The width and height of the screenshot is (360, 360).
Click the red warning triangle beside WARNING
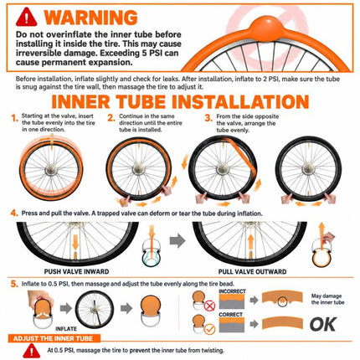pyautogui.click(x=26, y=18)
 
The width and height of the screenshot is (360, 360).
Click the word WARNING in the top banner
pyautogui.click(x=91, y=18)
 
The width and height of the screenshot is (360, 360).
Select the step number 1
pyautogui.click(x=14, y=118)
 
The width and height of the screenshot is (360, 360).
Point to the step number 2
pyautogui.click(x=111, y=118)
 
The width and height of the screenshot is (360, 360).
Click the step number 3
pyautogui.click(x=208, y=118)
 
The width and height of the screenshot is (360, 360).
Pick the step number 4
pyautogui.click(x=14, y=213)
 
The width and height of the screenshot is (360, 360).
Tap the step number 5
pyautogui.click(x=14, y=284)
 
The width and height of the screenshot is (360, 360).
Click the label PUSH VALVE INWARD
pyautogui.click(x=76, y=271)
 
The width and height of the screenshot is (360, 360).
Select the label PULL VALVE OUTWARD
pyautogui.click(x=252, y=271)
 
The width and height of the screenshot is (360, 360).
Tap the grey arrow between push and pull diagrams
pyautogui.click(x=177, y=240)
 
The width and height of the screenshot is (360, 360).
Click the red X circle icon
pyautogui.click(x=209, y=306)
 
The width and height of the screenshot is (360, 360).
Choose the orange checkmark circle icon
pyautogui.click(x=209, y=329)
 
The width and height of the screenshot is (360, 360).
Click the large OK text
pyautogui.click(x=322, y=325)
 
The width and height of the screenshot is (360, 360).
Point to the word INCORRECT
pyautogui.click(x=232, y=291)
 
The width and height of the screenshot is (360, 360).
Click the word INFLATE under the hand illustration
pyautogui.click(x=66, y=329)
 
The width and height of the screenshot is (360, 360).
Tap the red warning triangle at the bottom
pyautogui.click(x=32, y=351)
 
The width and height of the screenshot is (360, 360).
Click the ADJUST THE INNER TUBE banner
pyautogui.click(x=53, y=338)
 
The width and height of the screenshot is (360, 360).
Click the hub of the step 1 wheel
pyautogui.click(x=51, y=170)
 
